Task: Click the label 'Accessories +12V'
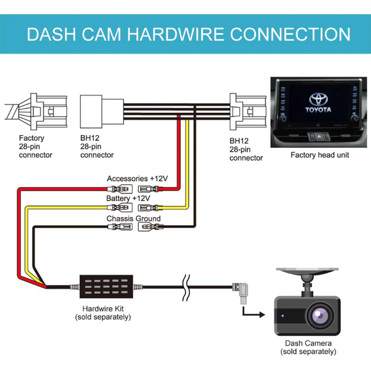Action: tap(137, 178)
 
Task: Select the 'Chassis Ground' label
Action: tap(134, 218)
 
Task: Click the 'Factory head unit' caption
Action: tap(320, 155)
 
